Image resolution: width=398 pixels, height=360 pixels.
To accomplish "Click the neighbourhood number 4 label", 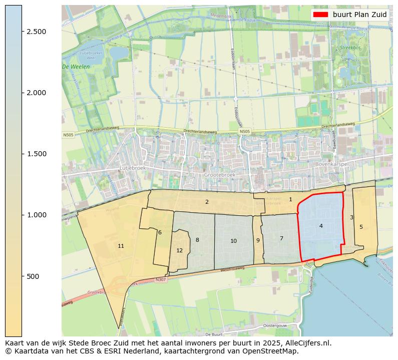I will [321, 226].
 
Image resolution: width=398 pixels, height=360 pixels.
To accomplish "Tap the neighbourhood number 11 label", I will [121, 246].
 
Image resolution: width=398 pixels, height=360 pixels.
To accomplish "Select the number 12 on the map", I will [179, 250].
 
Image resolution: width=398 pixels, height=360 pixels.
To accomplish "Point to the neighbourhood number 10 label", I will [233, 241].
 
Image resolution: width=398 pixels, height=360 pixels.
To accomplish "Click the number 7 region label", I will [281, 238].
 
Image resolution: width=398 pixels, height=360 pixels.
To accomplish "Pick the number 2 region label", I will [207, 202].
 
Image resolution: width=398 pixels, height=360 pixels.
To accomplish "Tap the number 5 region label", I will [361, 227].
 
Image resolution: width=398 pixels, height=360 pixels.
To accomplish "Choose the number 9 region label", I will [258, 240].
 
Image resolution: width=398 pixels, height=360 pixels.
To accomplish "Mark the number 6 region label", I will [160, 232].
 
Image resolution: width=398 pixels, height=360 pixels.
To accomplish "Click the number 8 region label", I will [197, 240].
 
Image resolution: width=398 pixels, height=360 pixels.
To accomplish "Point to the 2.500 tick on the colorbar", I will [36, 32].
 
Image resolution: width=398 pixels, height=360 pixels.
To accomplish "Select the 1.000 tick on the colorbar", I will [36, 215].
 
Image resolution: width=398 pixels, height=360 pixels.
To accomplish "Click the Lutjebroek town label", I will [133, 169].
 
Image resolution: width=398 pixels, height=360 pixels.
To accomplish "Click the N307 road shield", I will [160, 279].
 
